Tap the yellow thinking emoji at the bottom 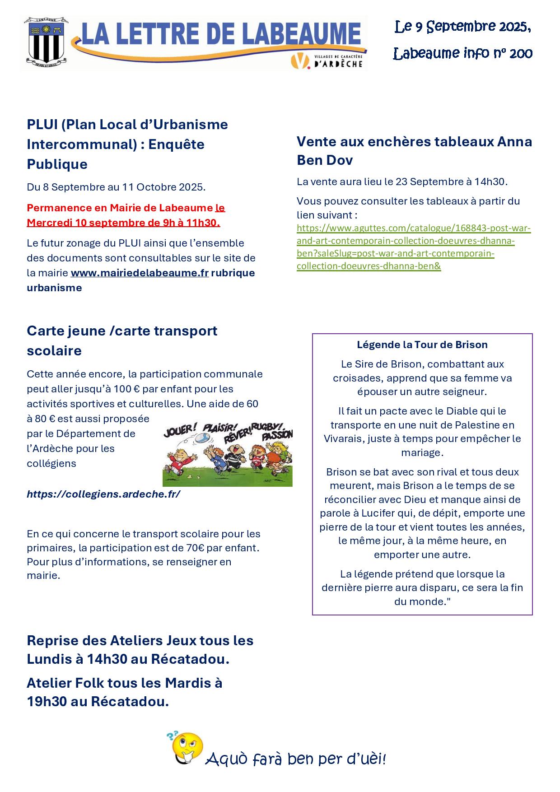pos(187,747)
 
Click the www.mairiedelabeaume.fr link pos(140,273)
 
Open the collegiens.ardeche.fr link pos(103,494)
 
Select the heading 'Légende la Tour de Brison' pos(422,345)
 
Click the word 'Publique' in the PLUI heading pos(57,164)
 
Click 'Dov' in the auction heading pos(340,160)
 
